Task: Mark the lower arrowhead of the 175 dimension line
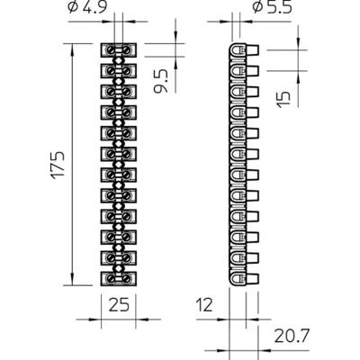click(70, 281)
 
